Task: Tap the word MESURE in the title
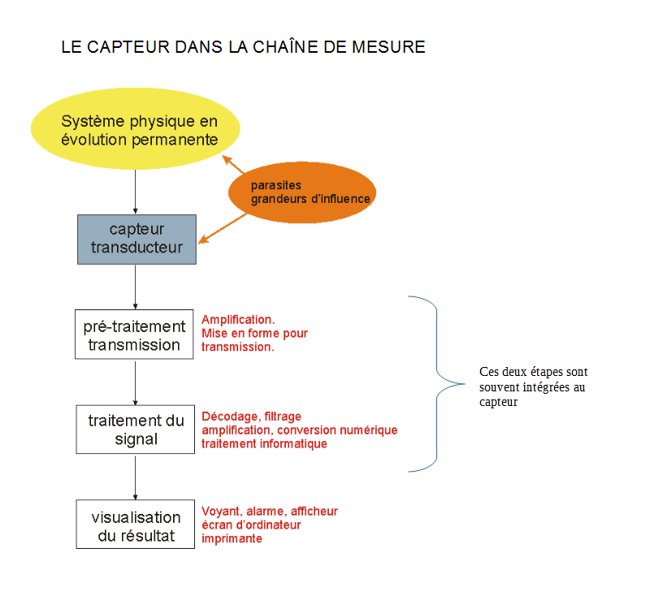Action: click(x=388, y=47)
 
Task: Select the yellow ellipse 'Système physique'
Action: click(x=136, y=128)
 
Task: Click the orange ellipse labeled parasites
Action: click(x=302, y=192)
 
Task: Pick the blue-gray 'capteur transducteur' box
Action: click(x=136, y=239)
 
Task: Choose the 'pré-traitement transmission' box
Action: click(x=134, y=334)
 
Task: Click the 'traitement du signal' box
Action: click(x=135, y=429)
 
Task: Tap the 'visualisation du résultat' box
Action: click(x=135, y=524)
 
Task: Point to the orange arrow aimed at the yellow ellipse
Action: click(x=233, y=164)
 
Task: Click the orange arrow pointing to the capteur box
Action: click(x=223, y=228)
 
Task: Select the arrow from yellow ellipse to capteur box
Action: click(x=135, y=192)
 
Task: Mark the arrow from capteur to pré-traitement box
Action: click(x=135, y=287)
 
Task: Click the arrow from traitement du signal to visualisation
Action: click(x=135, y=477)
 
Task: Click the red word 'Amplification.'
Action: click(x=238, y=320)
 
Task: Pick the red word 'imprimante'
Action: click(x=232, y=538)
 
